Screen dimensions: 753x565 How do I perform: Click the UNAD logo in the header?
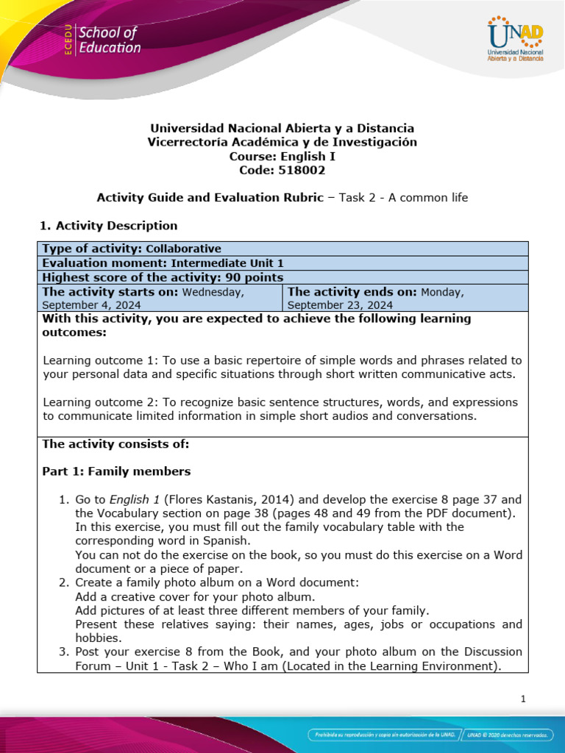click(514, 38)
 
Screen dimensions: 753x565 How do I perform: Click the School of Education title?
click(109, 40)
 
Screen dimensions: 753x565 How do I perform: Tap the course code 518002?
click(303, 170)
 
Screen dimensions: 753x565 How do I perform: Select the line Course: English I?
click(282, 156)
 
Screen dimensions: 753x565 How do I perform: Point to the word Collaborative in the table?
click(183, 249)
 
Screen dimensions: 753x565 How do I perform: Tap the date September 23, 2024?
click(340, 305)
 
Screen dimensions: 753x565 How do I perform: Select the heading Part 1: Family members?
click(116, 471)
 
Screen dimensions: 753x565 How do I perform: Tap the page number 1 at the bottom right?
click(523, 699)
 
